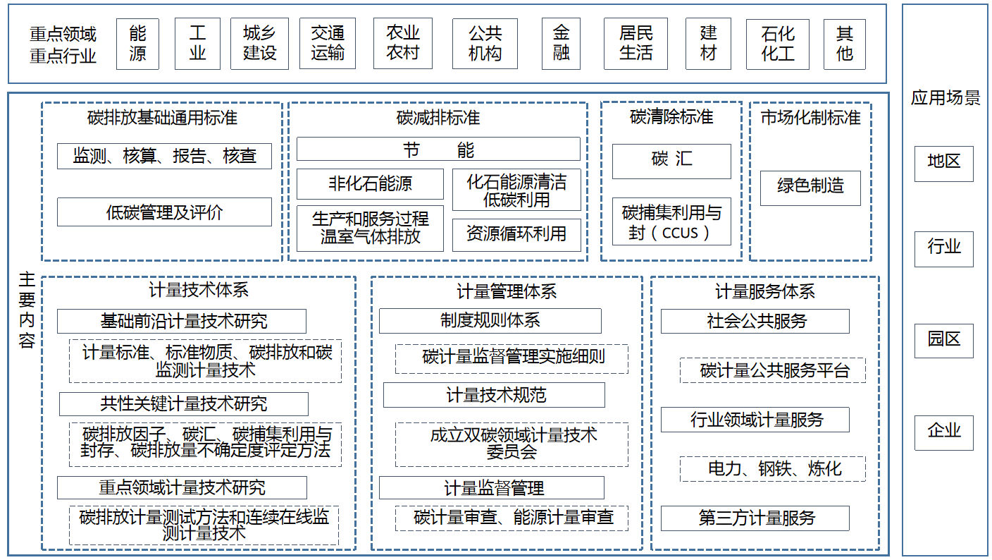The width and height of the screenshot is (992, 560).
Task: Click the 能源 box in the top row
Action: coord(137,44)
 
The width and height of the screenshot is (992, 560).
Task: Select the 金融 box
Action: coord(561,44)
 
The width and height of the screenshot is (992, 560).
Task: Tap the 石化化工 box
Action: coord(777,44)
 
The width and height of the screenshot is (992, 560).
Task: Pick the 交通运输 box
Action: coord(327,44)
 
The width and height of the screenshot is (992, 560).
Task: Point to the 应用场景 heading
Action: coord(945,98)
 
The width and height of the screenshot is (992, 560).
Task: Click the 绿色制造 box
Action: coord(810,188)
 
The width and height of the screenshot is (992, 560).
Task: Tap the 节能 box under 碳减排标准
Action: coord(438,149)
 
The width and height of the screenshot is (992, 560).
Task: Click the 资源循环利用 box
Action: coord(516,235)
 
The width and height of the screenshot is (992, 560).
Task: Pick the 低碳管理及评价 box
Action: coord(164,212)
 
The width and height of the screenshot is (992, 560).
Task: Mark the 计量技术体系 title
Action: coord(199,290)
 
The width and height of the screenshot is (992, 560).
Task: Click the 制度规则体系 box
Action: coord(490,321)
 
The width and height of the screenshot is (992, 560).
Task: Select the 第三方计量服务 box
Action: coord(755,518)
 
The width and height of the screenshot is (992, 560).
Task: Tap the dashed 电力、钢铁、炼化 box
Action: coord(772,469)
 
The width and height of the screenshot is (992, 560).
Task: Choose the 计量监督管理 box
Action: coord(491,488)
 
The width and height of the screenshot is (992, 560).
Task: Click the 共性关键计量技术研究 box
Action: coord(183,404)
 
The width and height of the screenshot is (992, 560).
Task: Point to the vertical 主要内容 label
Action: coord(27,310)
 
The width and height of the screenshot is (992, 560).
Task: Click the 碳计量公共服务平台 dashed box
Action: coord(772,370)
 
